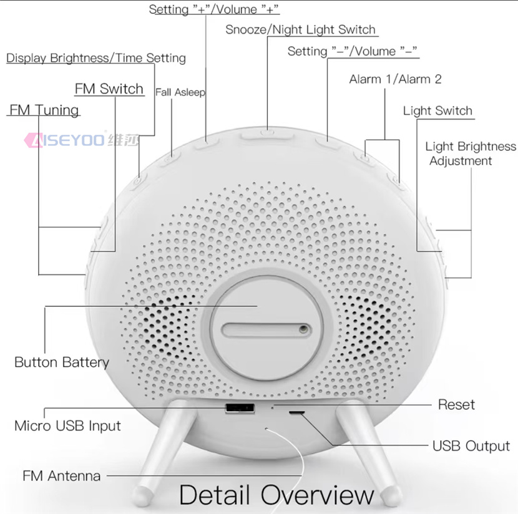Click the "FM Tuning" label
44,110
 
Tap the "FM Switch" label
109,89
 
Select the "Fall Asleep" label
180,92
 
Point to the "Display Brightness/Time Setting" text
96,58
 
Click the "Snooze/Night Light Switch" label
300,30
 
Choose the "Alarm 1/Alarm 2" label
396,79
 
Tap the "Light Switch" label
437,110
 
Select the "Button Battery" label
62,362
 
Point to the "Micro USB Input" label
67,426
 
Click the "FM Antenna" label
61,476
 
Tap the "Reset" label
456,405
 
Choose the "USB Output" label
471,446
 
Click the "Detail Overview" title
277,495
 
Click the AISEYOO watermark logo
82,140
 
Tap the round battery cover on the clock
266,328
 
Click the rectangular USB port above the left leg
240,408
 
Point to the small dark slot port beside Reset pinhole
297,413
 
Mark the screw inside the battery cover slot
303,329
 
